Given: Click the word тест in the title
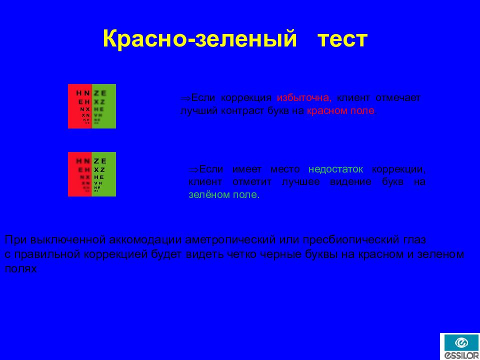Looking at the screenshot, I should point(343,39).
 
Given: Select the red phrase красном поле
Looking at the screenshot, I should point(340,110).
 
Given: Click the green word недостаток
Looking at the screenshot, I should point(336,169).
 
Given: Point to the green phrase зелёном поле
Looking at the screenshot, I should point(223,194).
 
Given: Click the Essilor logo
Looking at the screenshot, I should point(459,346).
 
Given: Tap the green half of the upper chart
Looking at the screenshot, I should point(104,106).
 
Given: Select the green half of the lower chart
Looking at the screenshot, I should point(104,174).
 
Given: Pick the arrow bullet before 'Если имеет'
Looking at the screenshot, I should point(193,169).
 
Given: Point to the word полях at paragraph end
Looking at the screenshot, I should point(21,268).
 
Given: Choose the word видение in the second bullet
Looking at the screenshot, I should point(350,182).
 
